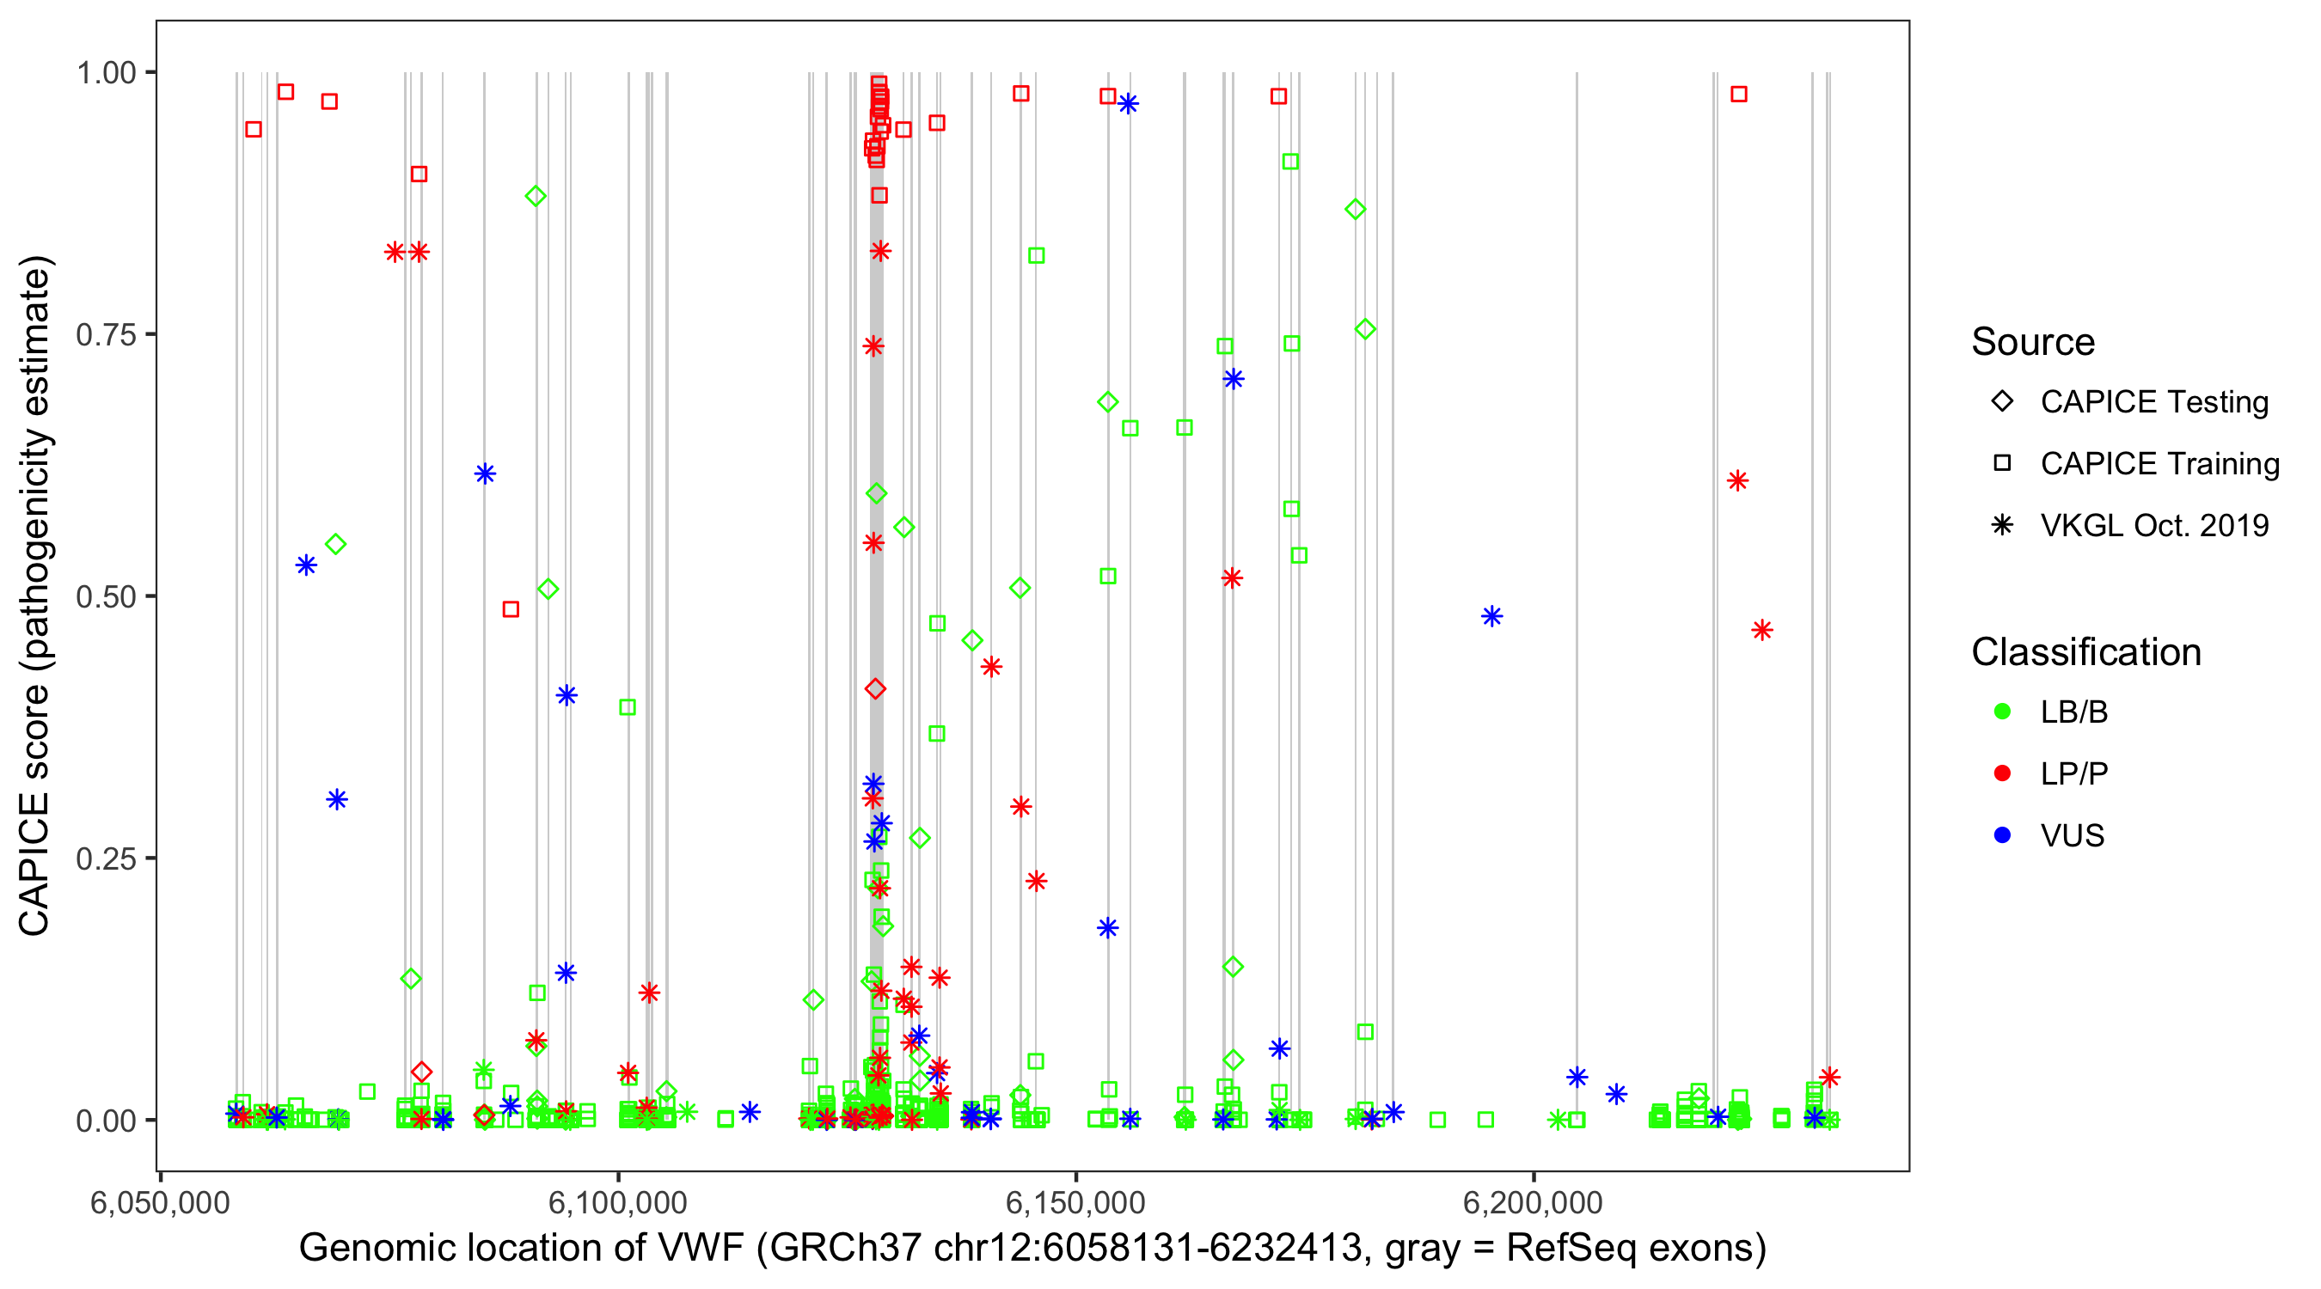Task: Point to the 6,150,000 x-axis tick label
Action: (1075, 1202)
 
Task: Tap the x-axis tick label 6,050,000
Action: (160, 1202)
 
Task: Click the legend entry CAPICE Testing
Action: (2153, 402)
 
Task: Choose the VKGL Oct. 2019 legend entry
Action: (2153, 525)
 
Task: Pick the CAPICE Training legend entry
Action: (2159, 464)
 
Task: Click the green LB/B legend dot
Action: (2002, 712)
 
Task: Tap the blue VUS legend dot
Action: (2002, 835)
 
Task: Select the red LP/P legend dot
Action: (2002, 773)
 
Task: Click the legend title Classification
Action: (2085, 651)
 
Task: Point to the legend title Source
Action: (2032, 342)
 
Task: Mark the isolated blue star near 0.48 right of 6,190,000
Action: (1491, 617)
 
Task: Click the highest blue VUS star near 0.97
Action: (1127, 105)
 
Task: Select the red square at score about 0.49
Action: (511, 610)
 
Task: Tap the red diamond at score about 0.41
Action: (875, 689)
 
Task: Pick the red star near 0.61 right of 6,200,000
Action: (1737, 481)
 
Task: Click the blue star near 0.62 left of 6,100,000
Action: (485, 473)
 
